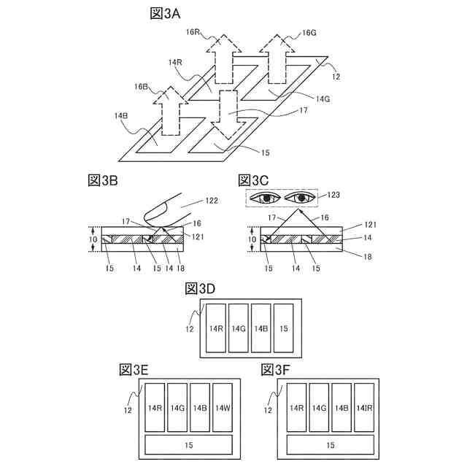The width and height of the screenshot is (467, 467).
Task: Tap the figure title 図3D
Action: (201, 288)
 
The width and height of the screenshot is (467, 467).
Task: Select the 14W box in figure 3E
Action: (222, 409)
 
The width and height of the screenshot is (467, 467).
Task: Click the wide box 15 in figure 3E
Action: (189, 444)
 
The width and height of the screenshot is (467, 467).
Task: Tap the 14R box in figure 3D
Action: (215, 328)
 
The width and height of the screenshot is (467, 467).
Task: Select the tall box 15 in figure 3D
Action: (283, 328)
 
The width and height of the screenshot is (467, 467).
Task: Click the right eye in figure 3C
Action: (301, 197)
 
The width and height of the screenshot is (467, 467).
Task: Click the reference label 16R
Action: (193, 33)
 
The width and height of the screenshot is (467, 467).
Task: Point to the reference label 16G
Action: (309, 33)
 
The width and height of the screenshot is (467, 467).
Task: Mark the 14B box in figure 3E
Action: (199, 409)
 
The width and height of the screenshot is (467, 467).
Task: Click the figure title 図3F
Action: (274, 370)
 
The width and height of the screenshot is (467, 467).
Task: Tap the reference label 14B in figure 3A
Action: (121, 116)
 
